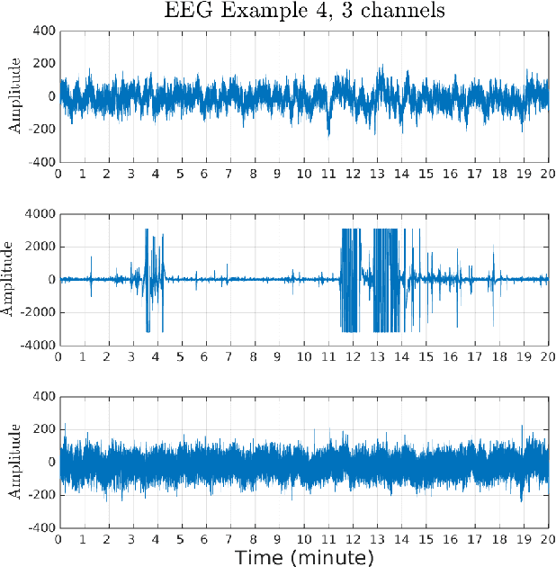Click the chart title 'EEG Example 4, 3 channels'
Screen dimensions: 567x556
304,11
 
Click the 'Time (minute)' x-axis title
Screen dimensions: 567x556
304,558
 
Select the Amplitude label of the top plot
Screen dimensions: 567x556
14,96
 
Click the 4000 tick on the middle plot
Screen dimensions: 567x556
40,214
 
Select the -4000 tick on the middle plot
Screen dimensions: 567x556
38,344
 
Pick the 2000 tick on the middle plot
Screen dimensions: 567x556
40,247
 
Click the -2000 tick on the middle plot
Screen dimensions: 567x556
38,311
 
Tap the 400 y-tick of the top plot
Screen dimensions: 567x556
44,31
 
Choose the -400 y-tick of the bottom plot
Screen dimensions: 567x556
41,527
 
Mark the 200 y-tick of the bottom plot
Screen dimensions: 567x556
44,429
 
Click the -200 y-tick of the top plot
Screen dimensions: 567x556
41,129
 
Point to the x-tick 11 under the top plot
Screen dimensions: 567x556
327,174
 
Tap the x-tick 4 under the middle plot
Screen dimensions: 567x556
157,356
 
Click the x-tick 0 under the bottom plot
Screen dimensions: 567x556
59,540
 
